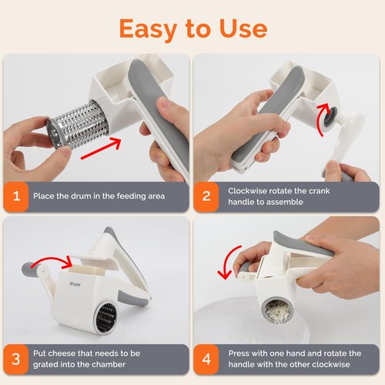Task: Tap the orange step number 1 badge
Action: [x=15, y=196]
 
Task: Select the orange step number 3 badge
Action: [x=15, y=358]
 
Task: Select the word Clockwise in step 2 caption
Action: [x=249, y=189]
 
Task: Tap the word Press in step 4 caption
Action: [x=239, y=352]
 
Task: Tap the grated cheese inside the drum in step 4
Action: [x=278, y=311]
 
